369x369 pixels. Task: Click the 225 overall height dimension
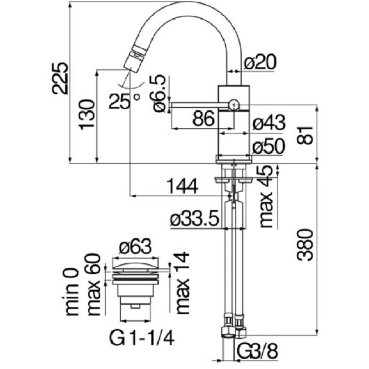[x=61, y=78]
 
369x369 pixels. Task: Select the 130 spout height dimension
[x=86, y=115]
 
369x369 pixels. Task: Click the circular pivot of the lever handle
[x=233, y=104]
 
